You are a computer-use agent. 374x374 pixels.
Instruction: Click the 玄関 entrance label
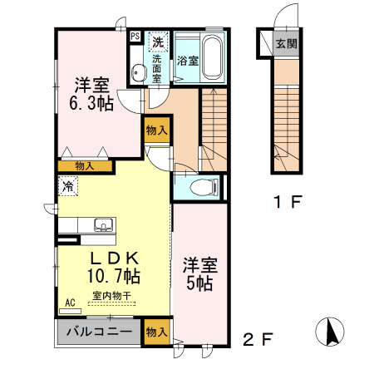[286, 44]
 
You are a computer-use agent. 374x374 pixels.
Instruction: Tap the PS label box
[135, 37]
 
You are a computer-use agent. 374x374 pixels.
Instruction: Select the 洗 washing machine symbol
[157, 42]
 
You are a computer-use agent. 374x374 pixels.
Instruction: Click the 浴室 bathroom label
[187, 61]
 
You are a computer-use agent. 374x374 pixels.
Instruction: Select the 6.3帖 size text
[91, 103]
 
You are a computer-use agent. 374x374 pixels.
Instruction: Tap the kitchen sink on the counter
[104, 224]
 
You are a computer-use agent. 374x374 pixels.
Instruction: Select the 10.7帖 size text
[113, 275]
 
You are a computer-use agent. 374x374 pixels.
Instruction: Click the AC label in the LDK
[70, 303]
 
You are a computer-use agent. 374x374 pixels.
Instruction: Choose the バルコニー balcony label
[98, 332]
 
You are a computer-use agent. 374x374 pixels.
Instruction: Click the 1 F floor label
[288, 201]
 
